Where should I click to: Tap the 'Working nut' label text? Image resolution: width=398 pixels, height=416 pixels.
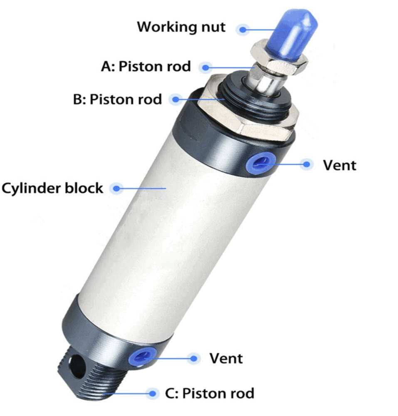coord(181,27)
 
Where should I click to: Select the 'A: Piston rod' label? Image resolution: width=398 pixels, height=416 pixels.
coord(146,66)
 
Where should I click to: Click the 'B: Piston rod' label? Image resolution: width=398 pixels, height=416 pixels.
coord(117,99)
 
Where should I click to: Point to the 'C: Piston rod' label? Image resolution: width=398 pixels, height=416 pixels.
coord(210,393)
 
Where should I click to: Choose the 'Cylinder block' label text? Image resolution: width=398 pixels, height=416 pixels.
coord(52,188)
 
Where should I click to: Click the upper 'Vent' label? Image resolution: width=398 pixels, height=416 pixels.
coord(339,165)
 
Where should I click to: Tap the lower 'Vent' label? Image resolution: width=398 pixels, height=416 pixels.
coord(226,359)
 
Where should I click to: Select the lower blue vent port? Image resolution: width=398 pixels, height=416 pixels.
coord(142,357)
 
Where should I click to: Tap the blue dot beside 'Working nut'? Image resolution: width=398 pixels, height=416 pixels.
coord(242,30)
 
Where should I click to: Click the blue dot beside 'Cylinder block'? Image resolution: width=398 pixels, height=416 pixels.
coord(116,188)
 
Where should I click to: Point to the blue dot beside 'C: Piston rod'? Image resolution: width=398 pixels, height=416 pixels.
coord(153,394)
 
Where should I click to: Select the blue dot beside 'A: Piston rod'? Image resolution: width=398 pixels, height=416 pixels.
coord(205,68)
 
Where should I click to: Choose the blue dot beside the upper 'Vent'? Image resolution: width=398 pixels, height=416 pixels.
coord(307,164)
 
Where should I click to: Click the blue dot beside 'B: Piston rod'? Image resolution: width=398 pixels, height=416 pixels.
coord(176,99)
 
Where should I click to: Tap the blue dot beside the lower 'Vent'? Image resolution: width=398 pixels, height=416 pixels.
coord(194,359)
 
